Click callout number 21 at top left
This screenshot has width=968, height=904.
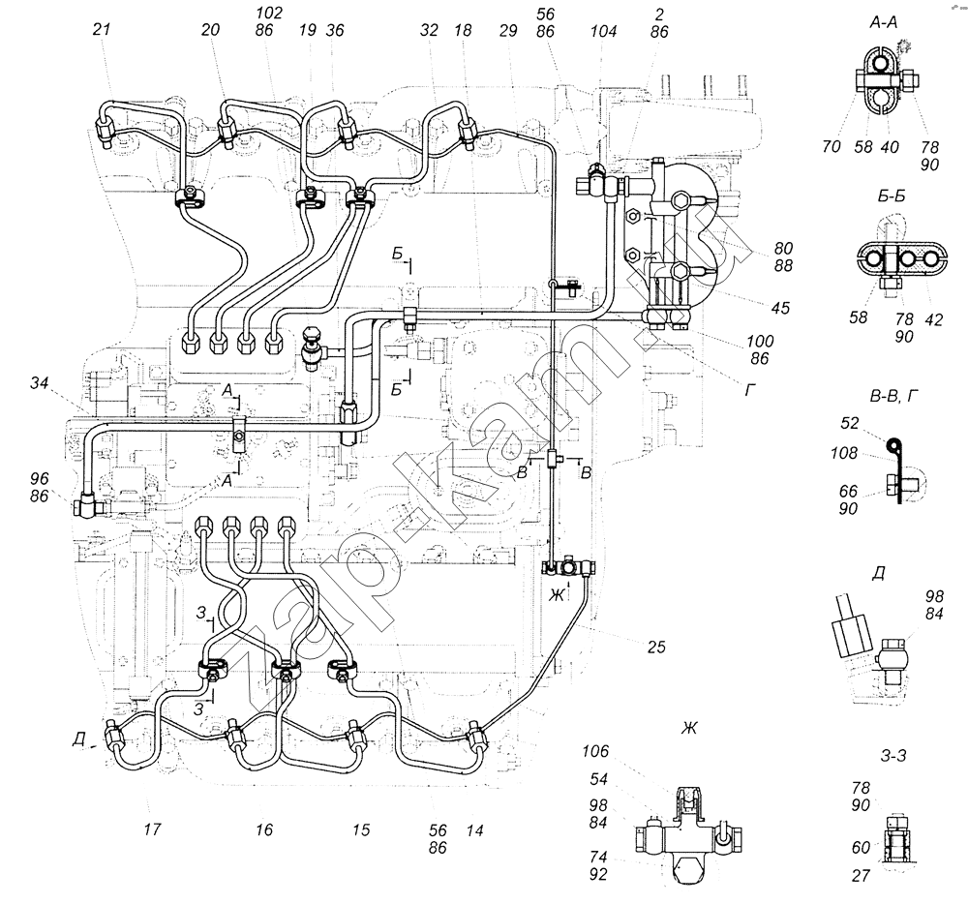coord(102,29)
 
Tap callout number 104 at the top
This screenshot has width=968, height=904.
coord(602,31)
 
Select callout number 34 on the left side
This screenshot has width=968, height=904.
coord(39,383)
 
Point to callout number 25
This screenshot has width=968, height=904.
coord(656,647)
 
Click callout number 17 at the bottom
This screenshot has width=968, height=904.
coord(152,829)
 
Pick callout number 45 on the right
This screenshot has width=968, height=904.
coord(780,307)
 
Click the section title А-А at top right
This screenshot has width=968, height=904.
coord(884,23)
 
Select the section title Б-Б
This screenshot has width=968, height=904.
coord(892,196)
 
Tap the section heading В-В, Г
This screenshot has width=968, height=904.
coord(893,396)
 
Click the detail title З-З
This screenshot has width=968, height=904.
coord(893,755)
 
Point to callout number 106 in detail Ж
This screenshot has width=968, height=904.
coord(595,751)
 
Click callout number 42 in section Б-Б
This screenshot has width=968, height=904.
coord(933,319)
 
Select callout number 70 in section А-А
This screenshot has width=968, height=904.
coord(831,146)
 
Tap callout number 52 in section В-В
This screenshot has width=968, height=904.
coord(850,423)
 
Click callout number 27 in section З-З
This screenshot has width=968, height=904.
coord(861,875)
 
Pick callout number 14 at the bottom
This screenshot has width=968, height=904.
coord(474,829)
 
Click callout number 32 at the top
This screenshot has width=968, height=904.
coord(429,30)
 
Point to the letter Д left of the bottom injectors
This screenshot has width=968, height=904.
coord(77,738)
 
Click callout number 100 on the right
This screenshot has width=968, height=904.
coord(759,341)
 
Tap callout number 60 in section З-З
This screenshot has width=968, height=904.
coord(861,848)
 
